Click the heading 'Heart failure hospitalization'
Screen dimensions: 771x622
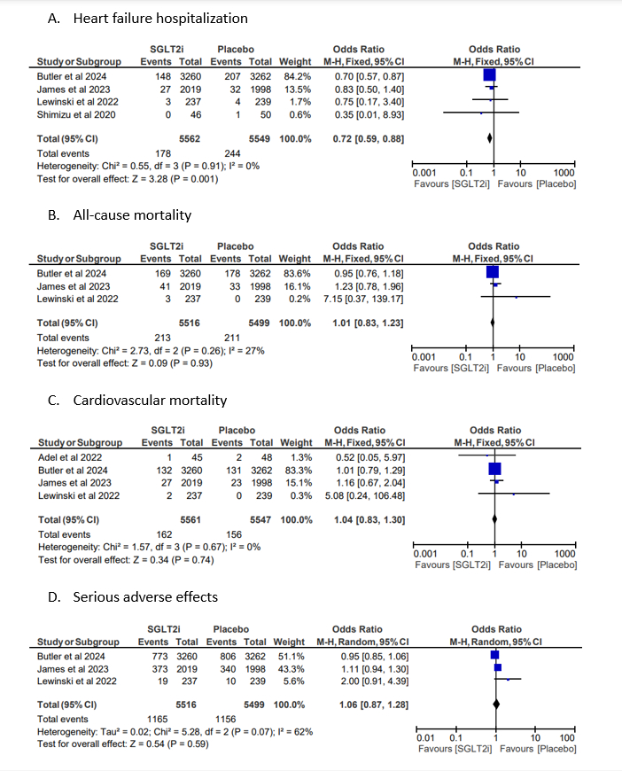pos(160,18)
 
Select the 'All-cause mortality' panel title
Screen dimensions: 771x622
pos(131,214)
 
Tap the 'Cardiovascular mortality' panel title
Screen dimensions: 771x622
pos(151,401)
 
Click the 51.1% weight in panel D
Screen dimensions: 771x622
pos(296,655)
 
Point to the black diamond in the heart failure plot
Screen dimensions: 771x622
pos(491,138)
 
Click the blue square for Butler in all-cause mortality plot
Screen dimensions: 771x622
pos(493,273)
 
